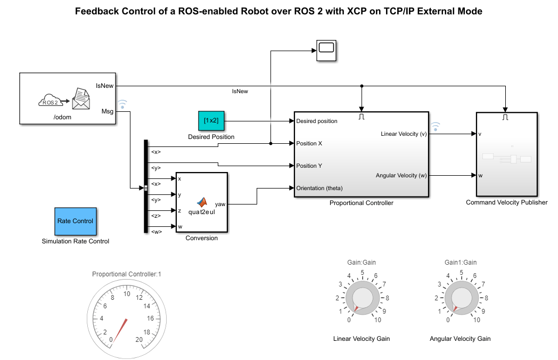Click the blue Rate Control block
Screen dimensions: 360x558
click(x=75, y=221)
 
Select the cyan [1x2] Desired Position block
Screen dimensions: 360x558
click(x=211, y=121)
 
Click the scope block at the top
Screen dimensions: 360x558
click(x=326, y=50)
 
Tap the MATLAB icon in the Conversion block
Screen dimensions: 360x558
click(x=202, y=202)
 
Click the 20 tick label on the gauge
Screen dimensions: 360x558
click(x=139, y=340)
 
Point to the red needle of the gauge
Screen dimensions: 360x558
click(x=121, y=328)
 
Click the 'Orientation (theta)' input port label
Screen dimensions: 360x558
click(x=319, y=188)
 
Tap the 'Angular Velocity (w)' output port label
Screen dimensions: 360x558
click(x=401, y=175)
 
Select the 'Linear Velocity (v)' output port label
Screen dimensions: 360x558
click(x=404, y=134)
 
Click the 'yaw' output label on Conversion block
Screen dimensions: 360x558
click(x=219, y=203)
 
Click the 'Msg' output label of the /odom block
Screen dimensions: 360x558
click(x=107, y=111)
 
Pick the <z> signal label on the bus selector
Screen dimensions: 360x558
click(x=156, y=216)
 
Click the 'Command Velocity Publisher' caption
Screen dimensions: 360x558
click(x=506, y=202)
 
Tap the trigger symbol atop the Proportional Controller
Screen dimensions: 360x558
click(x=362, y=116)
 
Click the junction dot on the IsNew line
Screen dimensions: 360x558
click(x=362, y=86)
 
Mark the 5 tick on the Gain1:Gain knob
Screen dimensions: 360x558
click(x=461, y=272)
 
